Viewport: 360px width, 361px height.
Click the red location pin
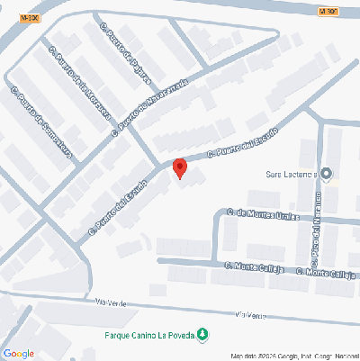tap(179, 167)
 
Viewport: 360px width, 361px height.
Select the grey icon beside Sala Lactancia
tap(326, 173)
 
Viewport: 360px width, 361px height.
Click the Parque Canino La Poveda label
tap(145, 336)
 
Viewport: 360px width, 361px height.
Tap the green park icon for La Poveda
tap(202, 336)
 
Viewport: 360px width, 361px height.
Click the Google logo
tap(19, 353)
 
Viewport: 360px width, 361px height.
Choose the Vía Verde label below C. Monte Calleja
tap(250, 314)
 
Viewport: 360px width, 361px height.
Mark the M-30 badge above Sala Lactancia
tap(328, 11)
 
